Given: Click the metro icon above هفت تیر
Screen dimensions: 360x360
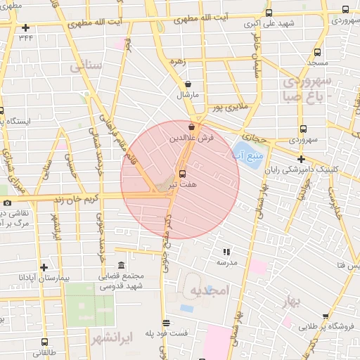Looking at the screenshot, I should [x=183, y=173].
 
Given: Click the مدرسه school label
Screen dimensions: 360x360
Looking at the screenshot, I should [x=226, y=261].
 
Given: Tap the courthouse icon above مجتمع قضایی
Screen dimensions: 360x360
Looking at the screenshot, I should [x=122, y=265].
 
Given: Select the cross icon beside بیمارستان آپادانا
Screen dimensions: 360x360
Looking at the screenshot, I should [x=44, y=267].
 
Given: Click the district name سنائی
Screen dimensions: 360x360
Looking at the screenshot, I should [x=86, y=67].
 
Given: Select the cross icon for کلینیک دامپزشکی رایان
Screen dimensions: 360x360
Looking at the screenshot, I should [x=301, y=159].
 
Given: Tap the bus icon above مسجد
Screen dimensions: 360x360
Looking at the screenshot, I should [x=318, y=53].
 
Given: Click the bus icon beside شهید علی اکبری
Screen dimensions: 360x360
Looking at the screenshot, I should [x=269, y=13].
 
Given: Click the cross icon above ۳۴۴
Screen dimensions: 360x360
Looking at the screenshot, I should [x=26, y=28].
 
